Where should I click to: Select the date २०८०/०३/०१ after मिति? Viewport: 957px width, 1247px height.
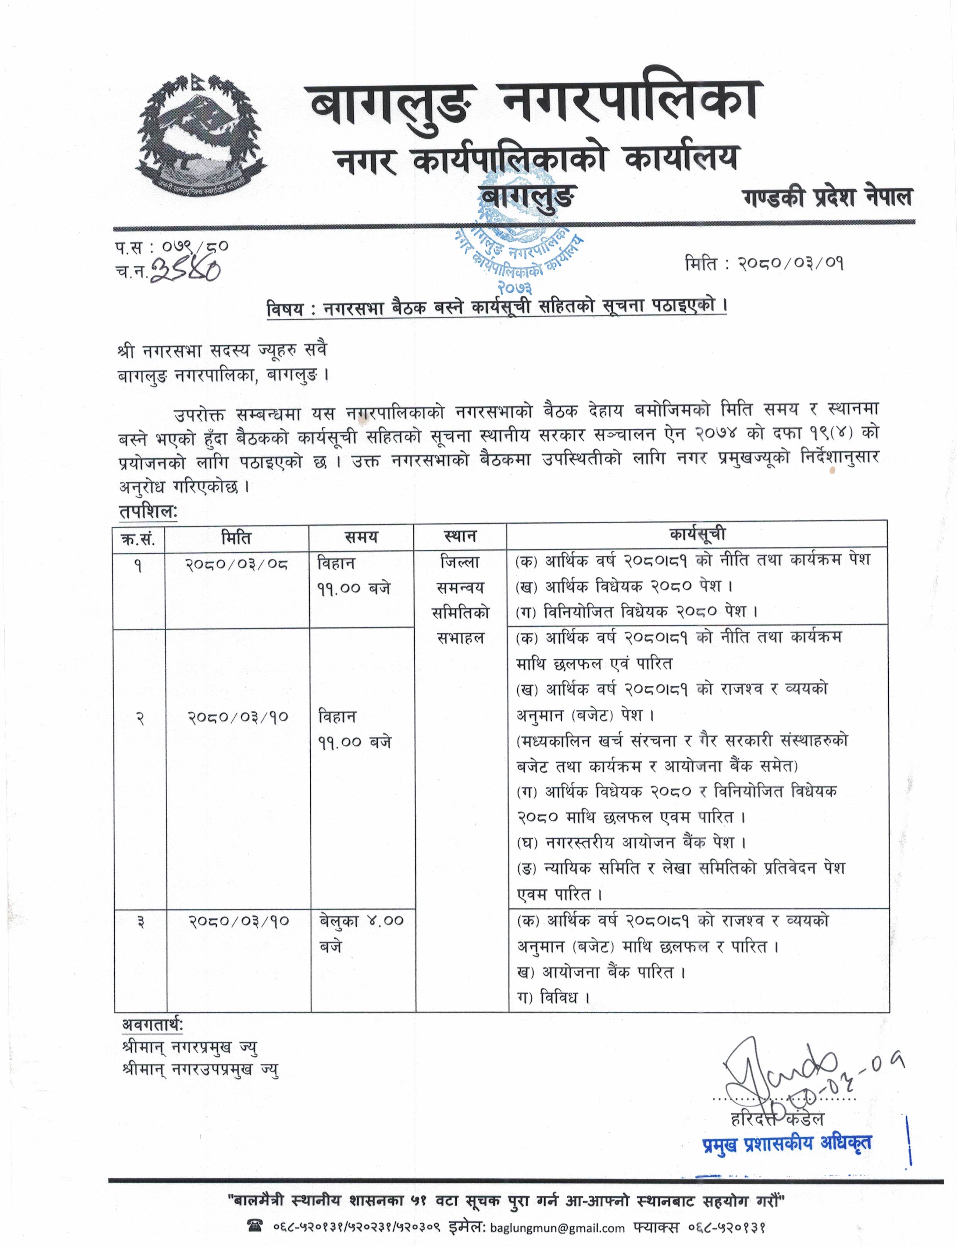(791, 263)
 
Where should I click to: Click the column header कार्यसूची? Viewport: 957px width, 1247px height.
(697, 534)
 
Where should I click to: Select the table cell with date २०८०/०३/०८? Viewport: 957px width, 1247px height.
(236, 564)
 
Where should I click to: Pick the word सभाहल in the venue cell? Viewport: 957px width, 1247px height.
(460, 638)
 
